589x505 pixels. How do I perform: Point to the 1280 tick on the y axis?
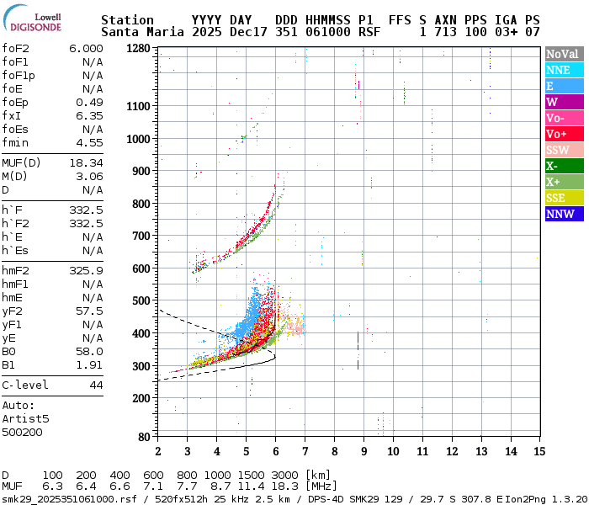coord(138,49)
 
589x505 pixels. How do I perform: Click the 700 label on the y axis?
coord(141,237)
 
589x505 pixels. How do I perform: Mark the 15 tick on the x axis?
coord(539,451)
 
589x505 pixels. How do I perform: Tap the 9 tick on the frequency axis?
coord(363,451)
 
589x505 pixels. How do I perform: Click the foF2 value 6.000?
coord(86,49)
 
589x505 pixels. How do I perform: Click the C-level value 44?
coord(96,385)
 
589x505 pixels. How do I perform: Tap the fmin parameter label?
coord(17,142)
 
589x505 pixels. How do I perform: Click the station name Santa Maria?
coord(140,32)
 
